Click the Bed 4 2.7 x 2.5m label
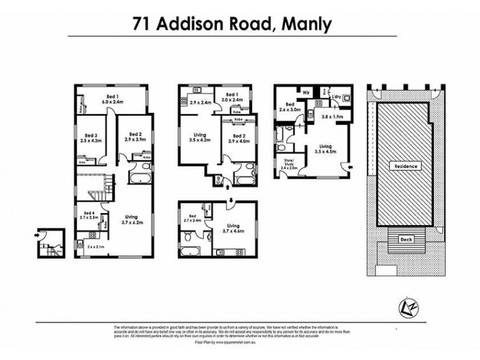pos(89,215)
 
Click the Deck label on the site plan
pos(405,239)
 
